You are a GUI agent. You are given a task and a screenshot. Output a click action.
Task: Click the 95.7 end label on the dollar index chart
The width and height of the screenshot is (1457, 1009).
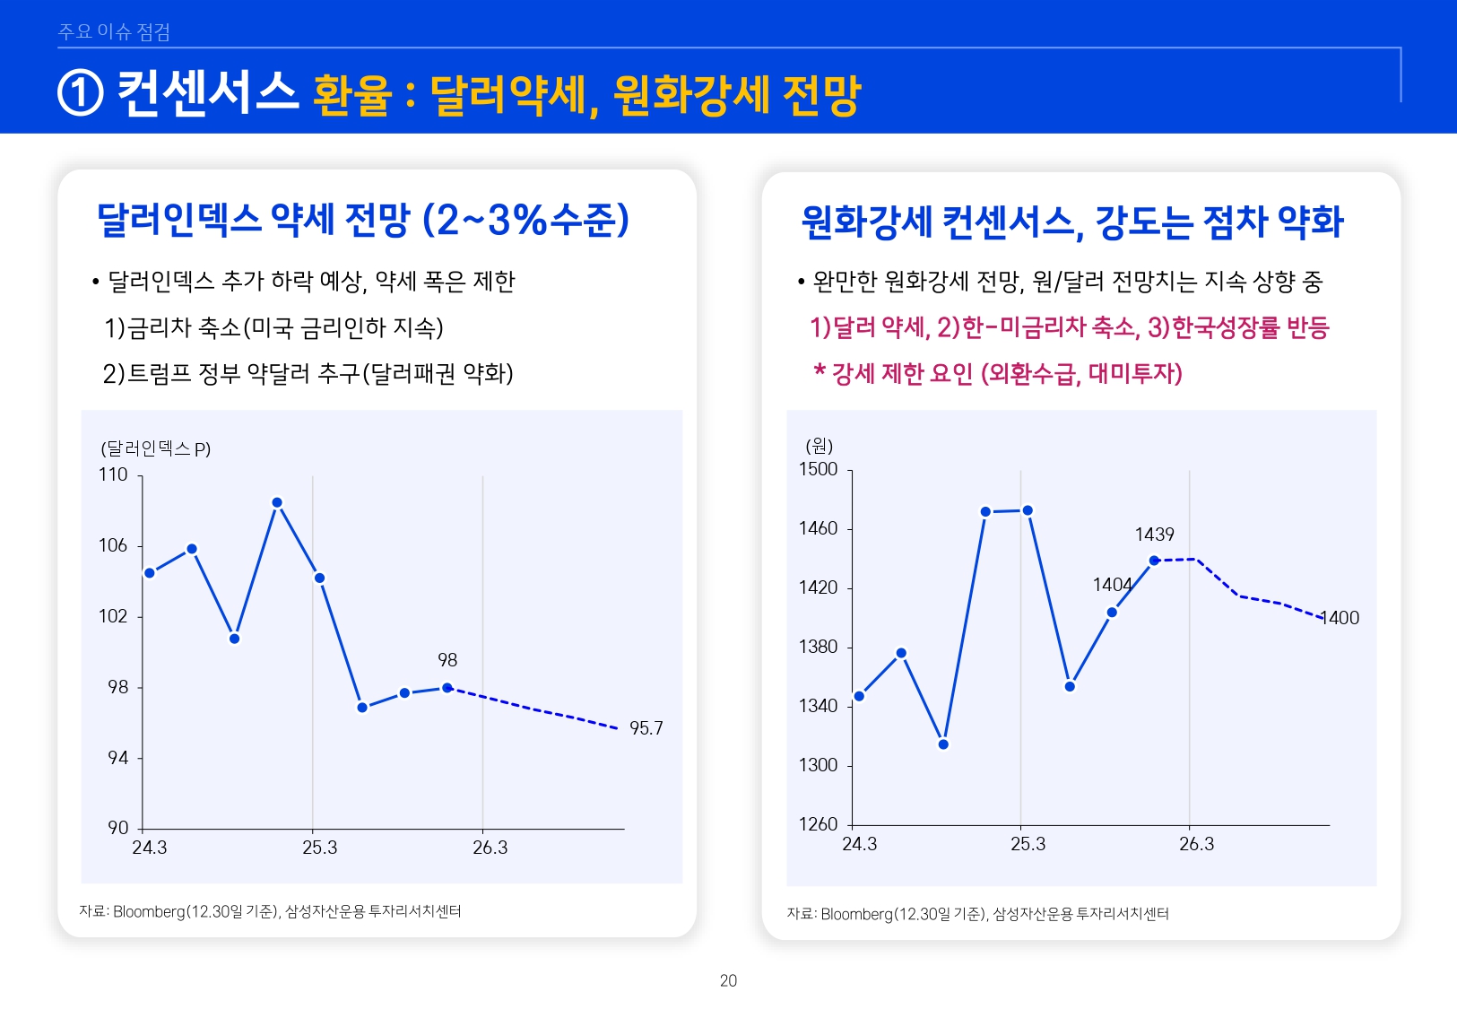point(646,728)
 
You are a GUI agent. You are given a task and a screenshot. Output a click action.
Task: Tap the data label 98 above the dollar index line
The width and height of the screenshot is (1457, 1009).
point(447,660)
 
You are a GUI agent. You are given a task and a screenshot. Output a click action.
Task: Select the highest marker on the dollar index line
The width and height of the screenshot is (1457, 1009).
point(277,502)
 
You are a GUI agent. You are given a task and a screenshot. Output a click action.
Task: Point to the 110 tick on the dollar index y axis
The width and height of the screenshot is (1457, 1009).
point(113,474)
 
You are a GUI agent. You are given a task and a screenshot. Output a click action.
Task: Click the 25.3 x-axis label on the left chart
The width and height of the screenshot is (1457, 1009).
point(319,848)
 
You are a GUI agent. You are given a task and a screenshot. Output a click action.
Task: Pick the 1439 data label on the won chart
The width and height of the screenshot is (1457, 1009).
point(1154,535)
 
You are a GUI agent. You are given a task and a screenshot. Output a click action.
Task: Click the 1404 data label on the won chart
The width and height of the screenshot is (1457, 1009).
point(1112,585)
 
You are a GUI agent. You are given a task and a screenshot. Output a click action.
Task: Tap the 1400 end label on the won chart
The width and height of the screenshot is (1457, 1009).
point(1340,618)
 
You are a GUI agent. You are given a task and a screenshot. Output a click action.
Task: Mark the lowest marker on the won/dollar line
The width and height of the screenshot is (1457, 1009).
point(943,744)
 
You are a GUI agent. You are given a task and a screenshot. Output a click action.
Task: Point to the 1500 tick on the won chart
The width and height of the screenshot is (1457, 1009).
point(818,469)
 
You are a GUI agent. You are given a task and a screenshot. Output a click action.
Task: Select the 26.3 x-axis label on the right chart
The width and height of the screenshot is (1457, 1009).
point(1196,844)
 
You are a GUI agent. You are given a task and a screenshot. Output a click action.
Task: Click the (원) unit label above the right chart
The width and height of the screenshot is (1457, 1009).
point(820,446)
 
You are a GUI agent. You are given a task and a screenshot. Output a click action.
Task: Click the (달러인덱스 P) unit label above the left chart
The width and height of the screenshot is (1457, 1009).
point(155,448)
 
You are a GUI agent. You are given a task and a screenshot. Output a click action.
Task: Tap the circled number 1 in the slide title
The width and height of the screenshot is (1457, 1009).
point(81,93)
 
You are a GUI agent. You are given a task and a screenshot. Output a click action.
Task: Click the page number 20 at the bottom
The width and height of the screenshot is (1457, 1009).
point(728,980)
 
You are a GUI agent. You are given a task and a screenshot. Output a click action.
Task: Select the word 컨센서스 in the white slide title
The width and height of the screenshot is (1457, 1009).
point(208,93)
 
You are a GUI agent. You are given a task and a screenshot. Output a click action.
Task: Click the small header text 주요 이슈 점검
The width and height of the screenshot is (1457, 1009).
point(114,32)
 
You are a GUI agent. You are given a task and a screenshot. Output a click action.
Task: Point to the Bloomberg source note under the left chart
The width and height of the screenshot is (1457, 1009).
point(270,911)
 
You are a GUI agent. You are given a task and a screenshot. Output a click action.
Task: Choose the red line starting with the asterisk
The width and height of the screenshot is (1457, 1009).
point(997,373)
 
